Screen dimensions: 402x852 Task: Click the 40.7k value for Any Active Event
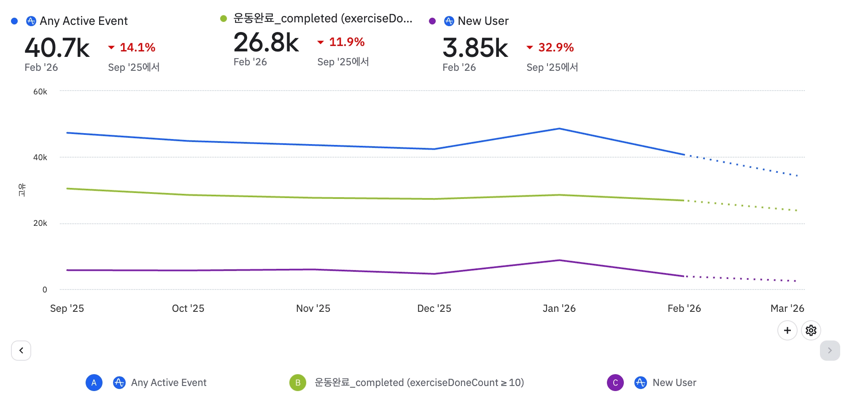(x=57, y=48)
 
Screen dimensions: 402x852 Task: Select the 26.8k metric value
(x=266, y=43)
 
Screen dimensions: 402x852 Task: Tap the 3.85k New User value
(x=475, y=48)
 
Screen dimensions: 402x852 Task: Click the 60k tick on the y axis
(x=40, y=91)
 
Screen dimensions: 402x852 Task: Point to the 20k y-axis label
(x=40, y=223)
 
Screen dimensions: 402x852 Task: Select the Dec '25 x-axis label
(x=434, y=308)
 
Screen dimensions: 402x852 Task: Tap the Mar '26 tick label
(x=787, y=308)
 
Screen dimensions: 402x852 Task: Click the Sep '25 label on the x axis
(x=67, y=308)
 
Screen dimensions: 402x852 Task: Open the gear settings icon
(x=811, y=330)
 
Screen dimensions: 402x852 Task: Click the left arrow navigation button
(x=21, y=351)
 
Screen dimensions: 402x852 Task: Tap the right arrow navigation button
(x=830, y=351)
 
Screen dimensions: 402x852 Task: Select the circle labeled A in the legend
(x=94, y=383)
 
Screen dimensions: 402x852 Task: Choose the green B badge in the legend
(x=298, y=383)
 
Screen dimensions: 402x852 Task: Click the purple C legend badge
(x=615, y=383)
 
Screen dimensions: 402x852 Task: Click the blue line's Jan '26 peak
(x=559, y=129)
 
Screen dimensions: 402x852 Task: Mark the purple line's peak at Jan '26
(x=559, y=260)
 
